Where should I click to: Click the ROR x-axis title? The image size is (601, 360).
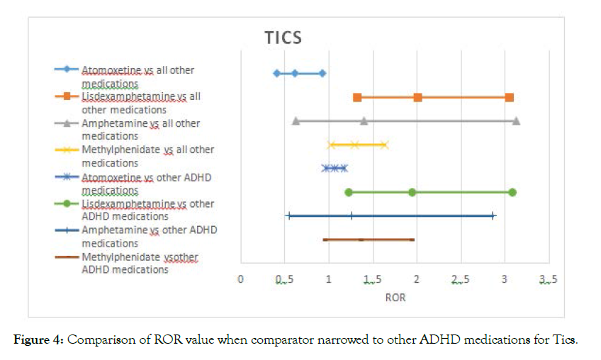395,298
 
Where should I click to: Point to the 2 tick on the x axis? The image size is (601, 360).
417,279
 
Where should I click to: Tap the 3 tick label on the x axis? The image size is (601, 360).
505,279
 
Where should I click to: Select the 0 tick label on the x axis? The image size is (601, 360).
240,279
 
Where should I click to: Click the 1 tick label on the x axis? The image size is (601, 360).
329,279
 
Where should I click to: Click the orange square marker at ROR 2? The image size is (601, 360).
417,97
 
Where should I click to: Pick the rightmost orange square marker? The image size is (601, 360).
509,97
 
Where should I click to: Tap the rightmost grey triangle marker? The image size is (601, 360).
516,120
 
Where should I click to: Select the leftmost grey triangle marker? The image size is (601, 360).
296,120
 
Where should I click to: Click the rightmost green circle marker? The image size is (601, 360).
512,192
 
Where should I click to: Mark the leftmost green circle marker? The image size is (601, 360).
349,192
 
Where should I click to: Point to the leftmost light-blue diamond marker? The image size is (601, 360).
276,73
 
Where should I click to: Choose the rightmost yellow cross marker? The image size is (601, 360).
385,145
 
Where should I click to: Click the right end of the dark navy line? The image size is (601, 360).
493,215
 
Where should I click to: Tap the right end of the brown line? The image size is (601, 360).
413,240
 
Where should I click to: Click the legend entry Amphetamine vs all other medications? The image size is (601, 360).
140,129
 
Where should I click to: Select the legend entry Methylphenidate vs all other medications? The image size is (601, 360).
147,156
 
